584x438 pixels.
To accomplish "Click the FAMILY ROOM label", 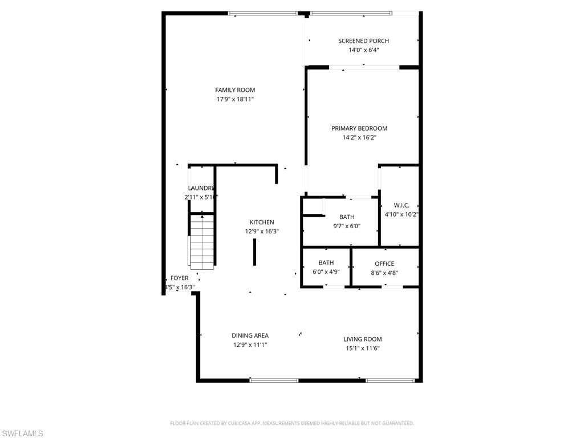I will coord(235,90).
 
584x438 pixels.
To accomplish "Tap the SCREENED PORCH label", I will coord(363,41).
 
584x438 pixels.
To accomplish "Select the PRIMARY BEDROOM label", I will coord(359,128).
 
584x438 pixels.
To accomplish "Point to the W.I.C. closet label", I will coord(401,205).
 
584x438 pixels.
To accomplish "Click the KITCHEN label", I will coord(262,222).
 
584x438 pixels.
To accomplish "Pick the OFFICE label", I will coord(384,263).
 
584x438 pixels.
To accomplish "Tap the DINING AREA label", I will coord(250,335).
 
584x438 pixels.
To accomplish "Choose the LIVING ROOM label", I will coord(363,339).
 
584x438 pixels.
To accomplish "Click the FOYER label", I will coord(180,278).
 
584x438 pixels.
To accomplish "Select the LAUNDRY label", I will coord(201,188).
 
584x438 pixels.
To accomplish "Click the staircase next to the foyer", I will coord(201,241).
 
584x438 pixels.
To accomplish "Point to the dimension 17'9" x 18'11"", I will coord(235,99).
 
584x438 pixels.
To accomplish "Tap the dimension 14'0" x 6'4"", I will coord(363,50).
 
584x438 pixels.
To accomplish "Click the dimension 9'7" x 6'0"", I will coord(347,226).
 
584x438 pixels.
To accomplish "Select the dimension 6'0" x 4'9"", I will coord(326,272).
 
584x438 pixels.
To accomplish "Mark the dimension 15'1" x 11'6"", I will coord(363,348).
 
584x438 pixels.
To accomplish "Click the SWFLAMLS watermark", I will coord(22,433).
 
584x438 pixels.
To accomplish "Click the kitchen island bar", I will coord(254,252).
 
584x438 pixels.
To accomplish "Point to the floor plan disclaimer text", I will coord(292,423).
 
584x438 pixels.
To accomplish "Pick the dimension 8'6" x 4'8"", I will coord(384,273).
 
